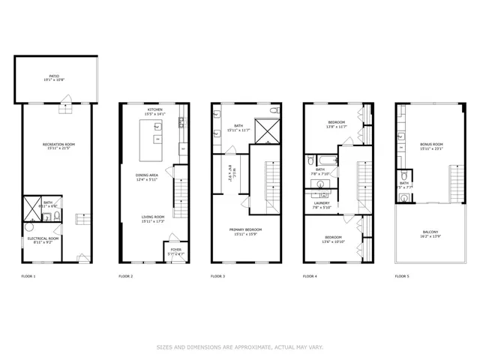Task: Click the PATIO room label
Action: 54,76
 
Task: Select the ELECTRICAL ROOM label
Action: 43,238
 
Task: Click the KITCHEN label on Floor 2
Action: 155,109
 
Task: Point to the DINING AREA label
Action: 145,175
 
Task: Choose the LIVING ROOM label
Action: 153,217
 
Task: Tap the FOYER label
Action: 175,249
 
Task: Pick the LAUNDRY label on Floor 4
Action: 322,203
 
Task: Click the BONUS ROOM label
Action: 432,144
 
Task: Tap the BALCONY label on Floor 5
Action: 430,232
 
